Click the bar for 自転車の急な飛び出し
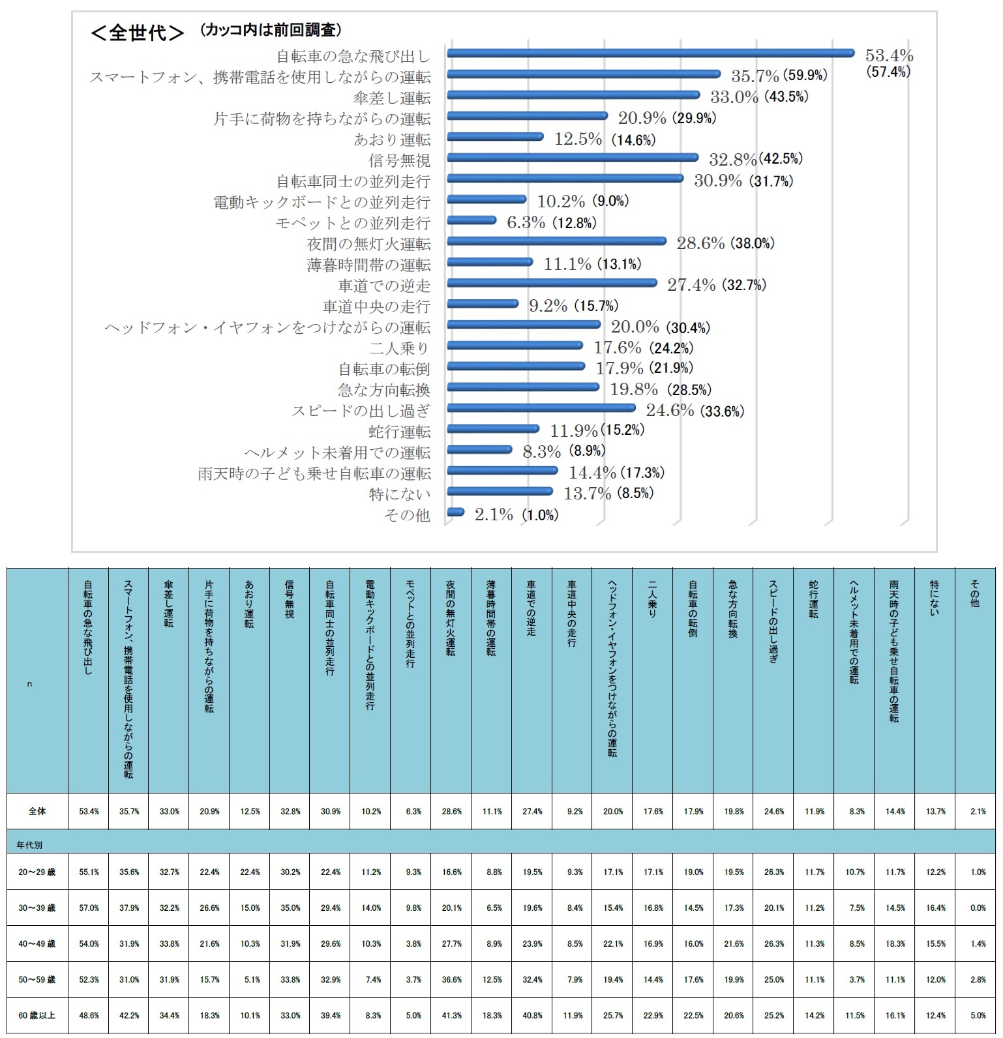click(x=649, y=53)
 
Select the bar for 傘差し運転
click(x=573, y=95)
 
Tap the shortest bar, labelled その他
click(x=456, y=512)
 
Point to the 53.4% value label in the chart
click(x=888, y=55)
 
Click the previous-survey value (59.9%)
click(x=805, y=76)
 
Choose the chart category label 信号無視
click(x=400, y=160)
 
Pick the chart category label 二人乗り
click(x=400, y=348)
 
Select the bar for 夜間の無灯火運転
click(x=556, y=241)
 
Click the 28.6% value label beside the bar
click(x=700, y=244)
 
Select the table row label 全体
click(x=37, y=812)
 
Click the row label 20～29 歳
click(x=37, y=872)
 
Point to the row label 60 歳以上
click(x=37, y=1016)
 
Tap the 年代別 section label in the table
click(x=30, y=845)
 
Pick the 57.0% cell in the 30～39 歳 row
click(x=89, y=908)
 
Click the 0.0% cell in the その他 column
click(x=977, y=908)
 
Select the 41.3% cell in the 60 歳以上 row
click(x=451, y=1016)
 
